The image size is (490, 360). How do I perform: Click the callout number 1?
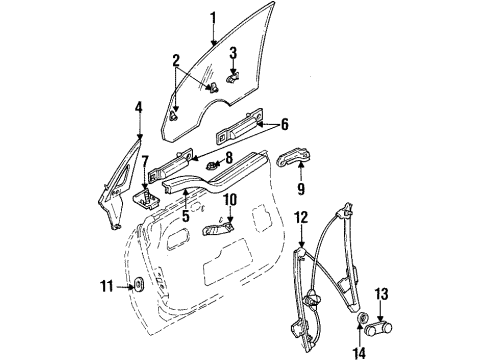212,17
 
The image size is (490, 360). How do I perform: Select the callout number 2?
175,61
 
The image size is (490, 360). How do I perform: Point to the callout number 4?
139,107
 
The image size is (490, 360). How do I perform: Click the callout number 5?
185,213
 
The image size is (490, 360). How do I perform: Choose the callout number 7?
145,162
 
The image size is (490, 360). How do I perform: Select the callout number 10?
229,200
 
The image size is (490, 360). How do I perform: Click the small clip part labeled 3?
232,76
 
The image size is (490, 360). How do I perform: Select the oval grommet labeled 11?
138,289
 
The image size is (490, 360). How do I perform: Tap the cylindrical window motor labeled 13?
381,324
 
